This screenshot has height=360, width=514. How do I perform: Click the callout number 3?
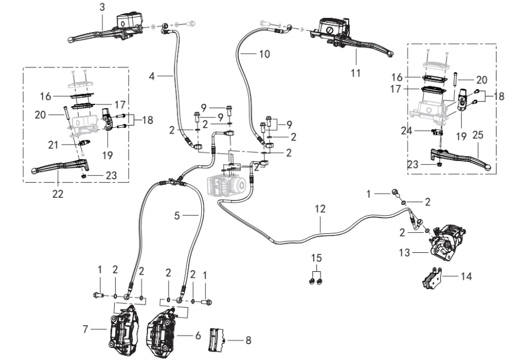(102, 7)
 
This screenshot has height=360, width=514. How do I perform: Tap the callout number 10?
(264, 54)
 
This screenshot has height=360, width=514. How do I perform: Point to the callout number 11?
(355, 73)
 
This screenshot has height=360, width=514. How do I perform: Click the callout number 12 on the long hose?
(320, 208)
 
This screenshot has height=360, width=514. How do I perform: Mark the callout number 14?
(465, 276)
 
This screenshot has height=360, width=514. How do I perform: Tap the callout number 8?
(248, 341)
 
